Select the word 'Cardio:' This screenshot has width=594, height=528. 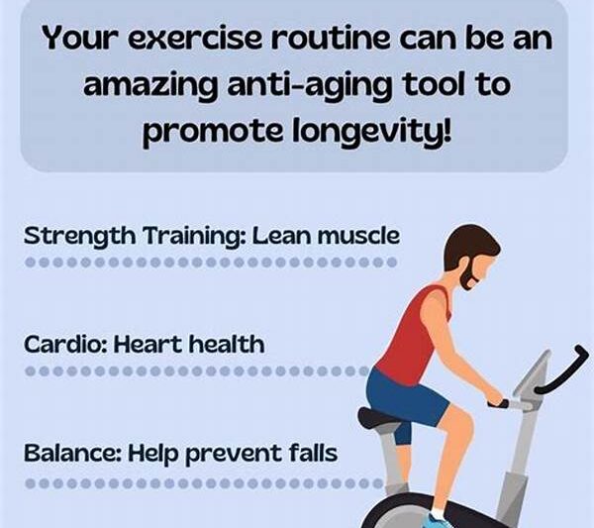(x=63, y=345)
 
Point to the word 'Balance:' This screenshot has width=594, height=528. (x=68, y=455)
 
